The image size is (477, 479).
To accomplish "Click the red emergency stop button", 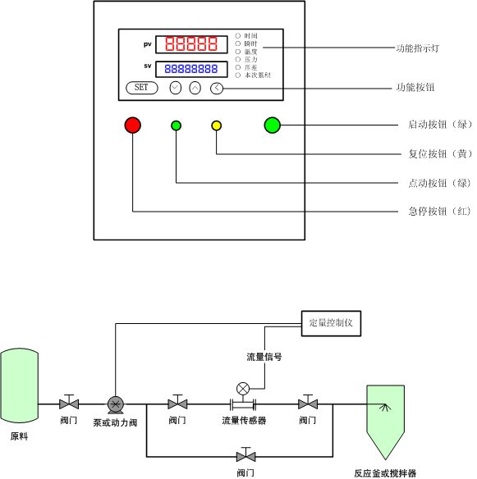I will [x=133, y=125].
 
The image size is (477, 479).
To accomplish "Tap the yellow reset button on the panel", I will [x=217, y=125].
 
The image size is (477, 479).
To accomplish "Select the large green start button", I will [x=273, y=125].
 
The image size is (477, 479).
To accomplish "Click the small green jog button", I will [x=176, y=125].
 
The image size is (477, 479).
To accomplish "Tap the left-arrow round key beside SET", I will [x=216, y=88].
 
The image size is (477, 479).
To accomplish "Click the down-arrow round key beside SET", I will [x=175, y=88].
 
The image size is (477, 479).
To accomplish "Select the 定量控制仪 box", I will [x=331, y=322].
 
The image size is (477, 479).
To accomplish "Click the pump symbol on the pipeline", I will [x=115, y=404].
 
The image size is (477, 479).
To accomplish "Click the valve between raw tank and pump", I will [x=69, y=403].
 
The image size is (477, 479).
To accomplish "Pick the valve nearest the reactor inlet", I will [x=308, y=403].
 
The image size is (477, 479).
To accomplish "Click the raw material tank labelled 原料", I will [x=19, y=383].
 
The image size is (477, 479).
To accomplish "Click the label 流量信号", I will [x=264, y=357].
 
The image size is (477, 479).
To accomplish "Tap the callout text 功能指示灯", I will [x=419, y=48].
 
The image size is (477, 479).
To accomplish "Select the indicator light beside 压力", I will [x=239, y=59].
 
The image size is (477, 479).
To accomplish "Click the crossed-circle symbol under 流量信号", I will [x=243, y=388].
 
